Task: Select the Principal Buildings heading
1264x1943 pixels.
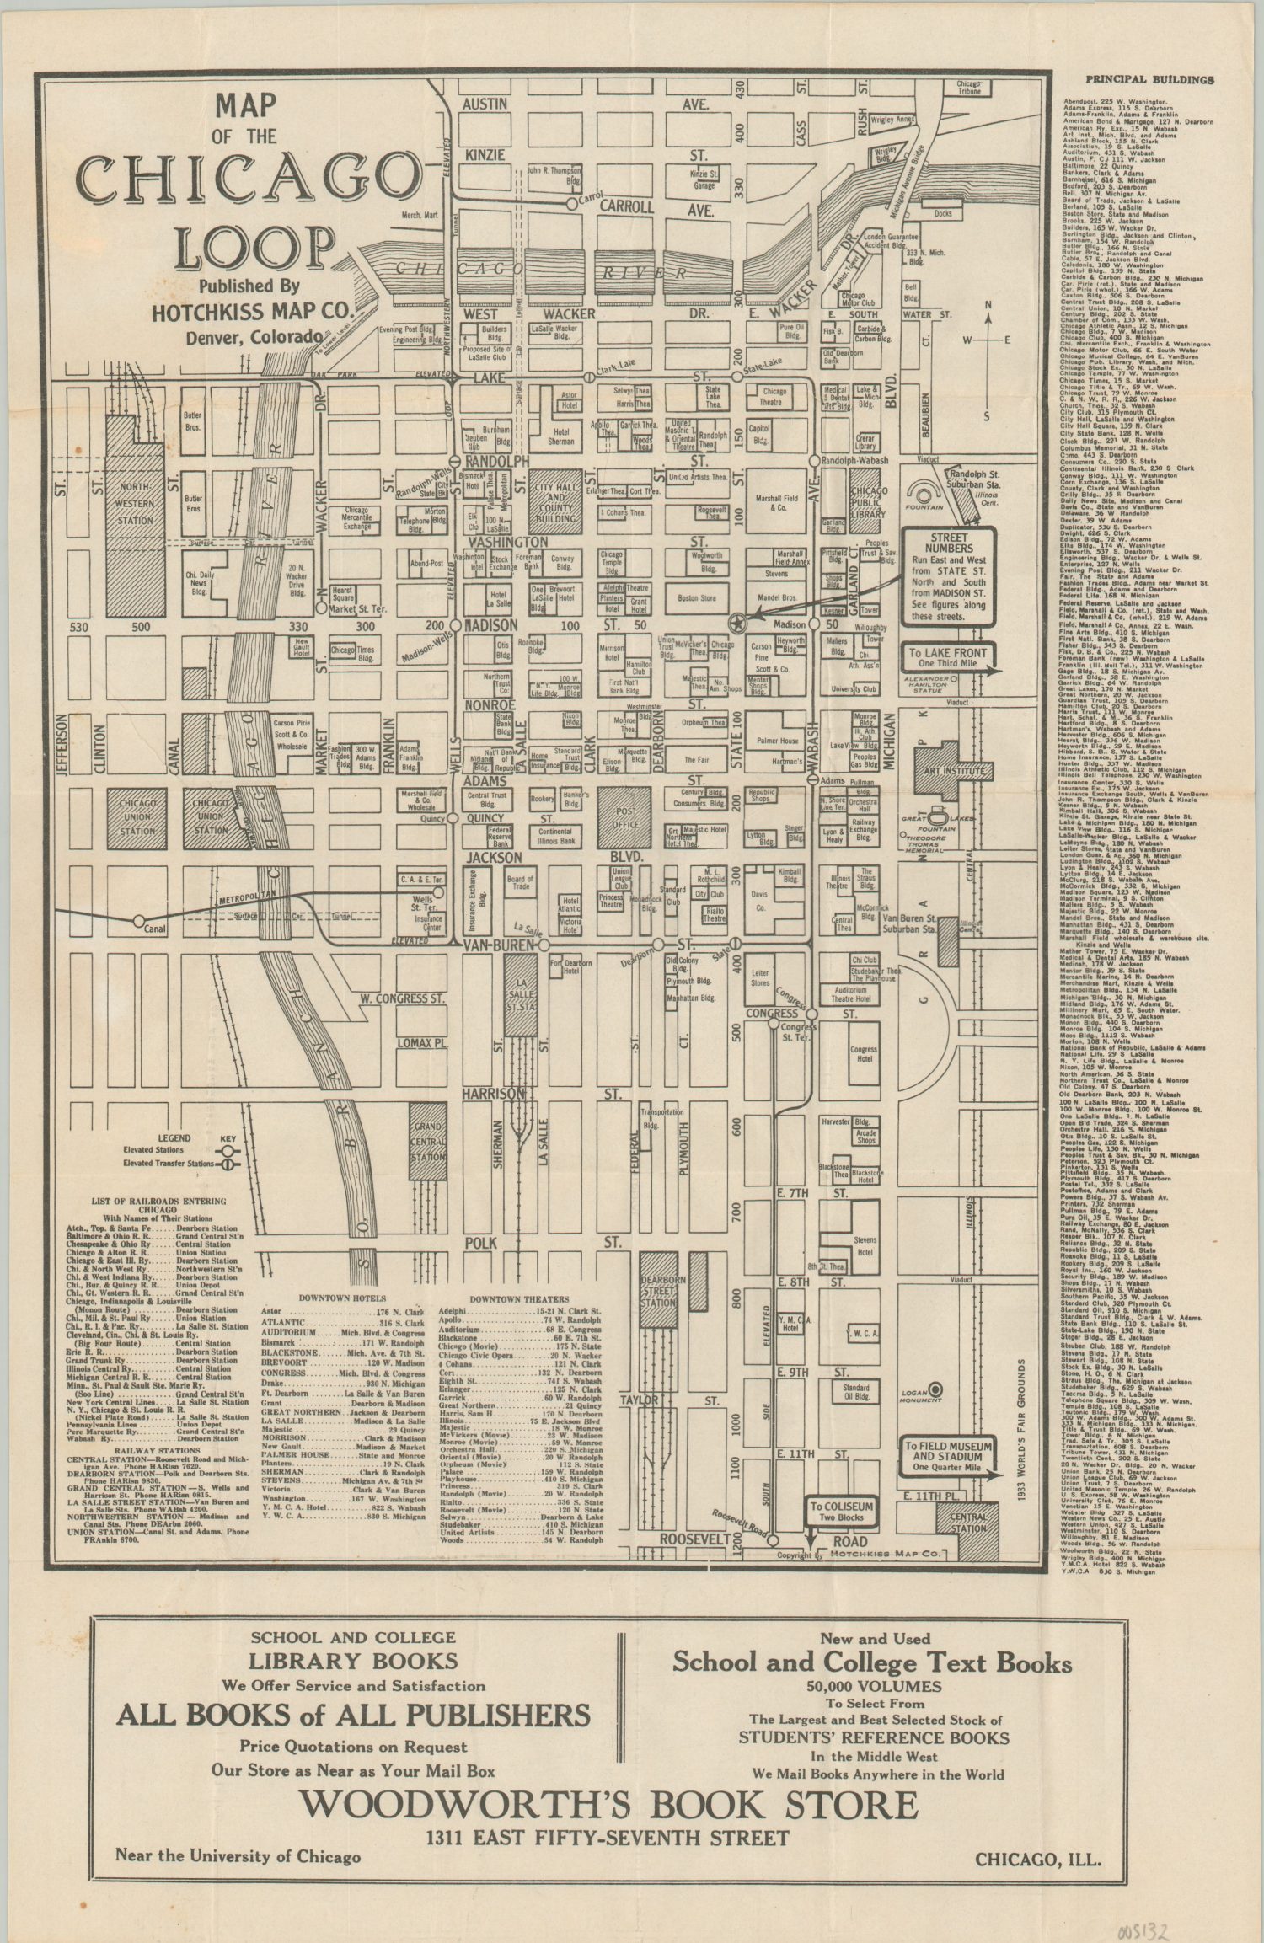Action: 1149,80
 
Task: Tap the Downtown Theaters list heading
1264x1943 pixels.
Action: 519,1299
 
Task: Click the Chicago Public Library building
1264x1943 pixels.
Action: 867,503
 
